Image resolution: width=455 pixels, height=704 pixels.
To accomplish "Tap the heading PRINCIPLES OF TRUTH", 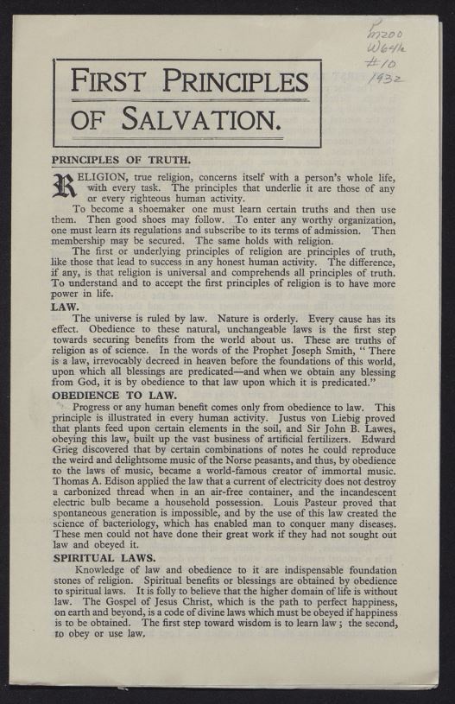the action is [121, 160].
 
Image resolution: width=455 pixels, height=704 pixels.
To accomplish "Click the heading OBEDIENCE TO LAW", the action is [114, 395].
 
